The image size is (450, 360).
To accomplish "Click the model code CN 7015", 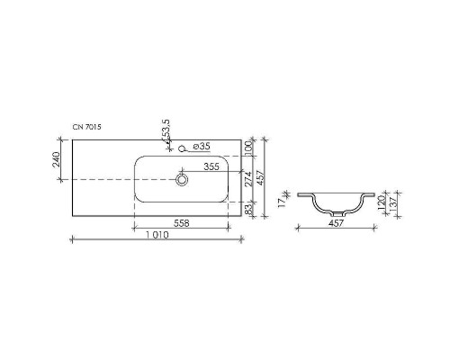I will [87, 129].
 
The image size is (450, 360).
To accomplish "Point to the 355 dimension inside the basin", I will [211, 167].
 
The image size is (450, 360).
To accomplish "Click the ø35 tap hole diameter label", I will [202, 146].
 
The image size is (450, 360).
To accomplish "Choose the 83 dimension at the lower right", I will [248, 209].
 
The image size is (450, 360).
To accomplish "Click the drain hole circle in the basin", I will [183, 180].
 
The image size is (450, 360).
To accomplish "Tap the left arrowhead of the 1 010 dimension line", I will [73, 238].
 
